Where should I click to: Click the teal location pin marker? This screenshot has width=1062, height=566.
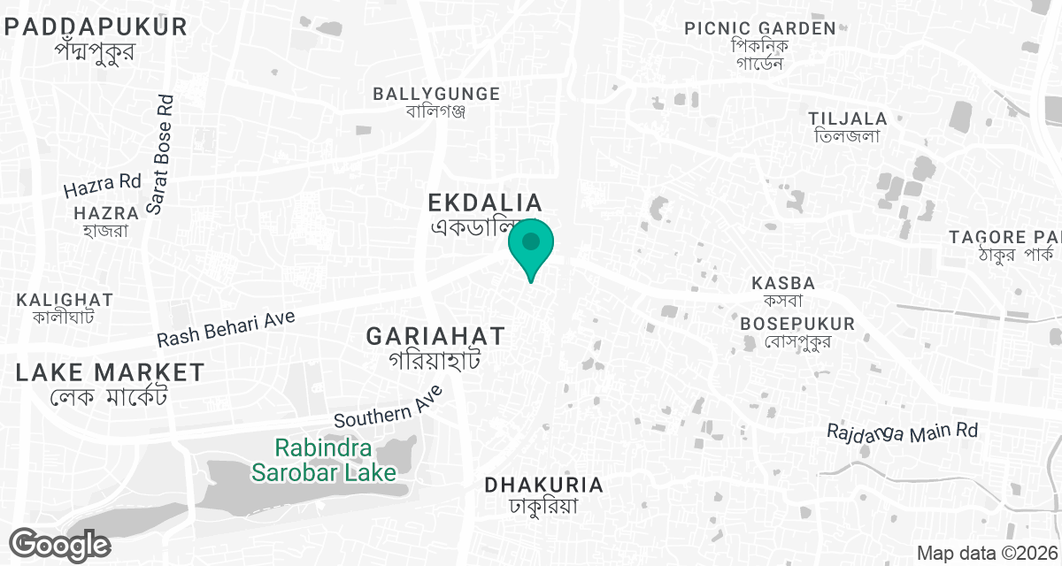531,244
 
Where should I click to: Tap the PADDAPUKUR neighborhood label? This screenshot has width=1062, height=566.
96,27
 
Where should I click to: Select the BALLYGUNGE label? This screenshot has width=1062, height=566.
436,94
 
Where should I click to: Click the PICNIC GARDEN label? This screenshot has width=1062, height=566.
760,28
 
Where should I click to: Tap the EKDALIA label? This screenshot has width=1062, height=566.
484,203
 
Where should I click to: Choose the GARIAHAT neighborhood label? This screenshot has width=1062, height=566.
435,336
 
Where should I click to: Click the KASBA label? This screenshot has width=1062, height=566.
782,283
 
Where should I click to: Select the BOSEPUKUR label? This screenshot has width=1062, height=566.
797,324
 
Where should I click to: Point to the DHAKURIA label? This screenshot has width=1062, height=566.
543,485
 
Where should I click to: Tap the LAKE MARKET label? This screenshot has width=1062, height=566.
110,372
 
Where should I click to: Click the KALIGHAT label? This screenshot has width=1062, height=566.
65,300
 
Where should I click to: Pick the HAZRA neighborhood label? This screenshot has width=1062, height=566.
106,213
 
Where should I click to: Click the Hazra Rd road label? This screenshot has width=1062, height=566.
103,185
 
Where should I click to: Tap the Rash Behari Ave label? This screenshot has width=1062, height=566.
226,328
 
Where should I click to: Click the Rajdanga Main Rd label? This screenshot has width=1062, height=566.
903,432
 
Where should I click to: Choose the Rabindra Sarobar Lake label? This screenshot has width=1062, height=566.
323,460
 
